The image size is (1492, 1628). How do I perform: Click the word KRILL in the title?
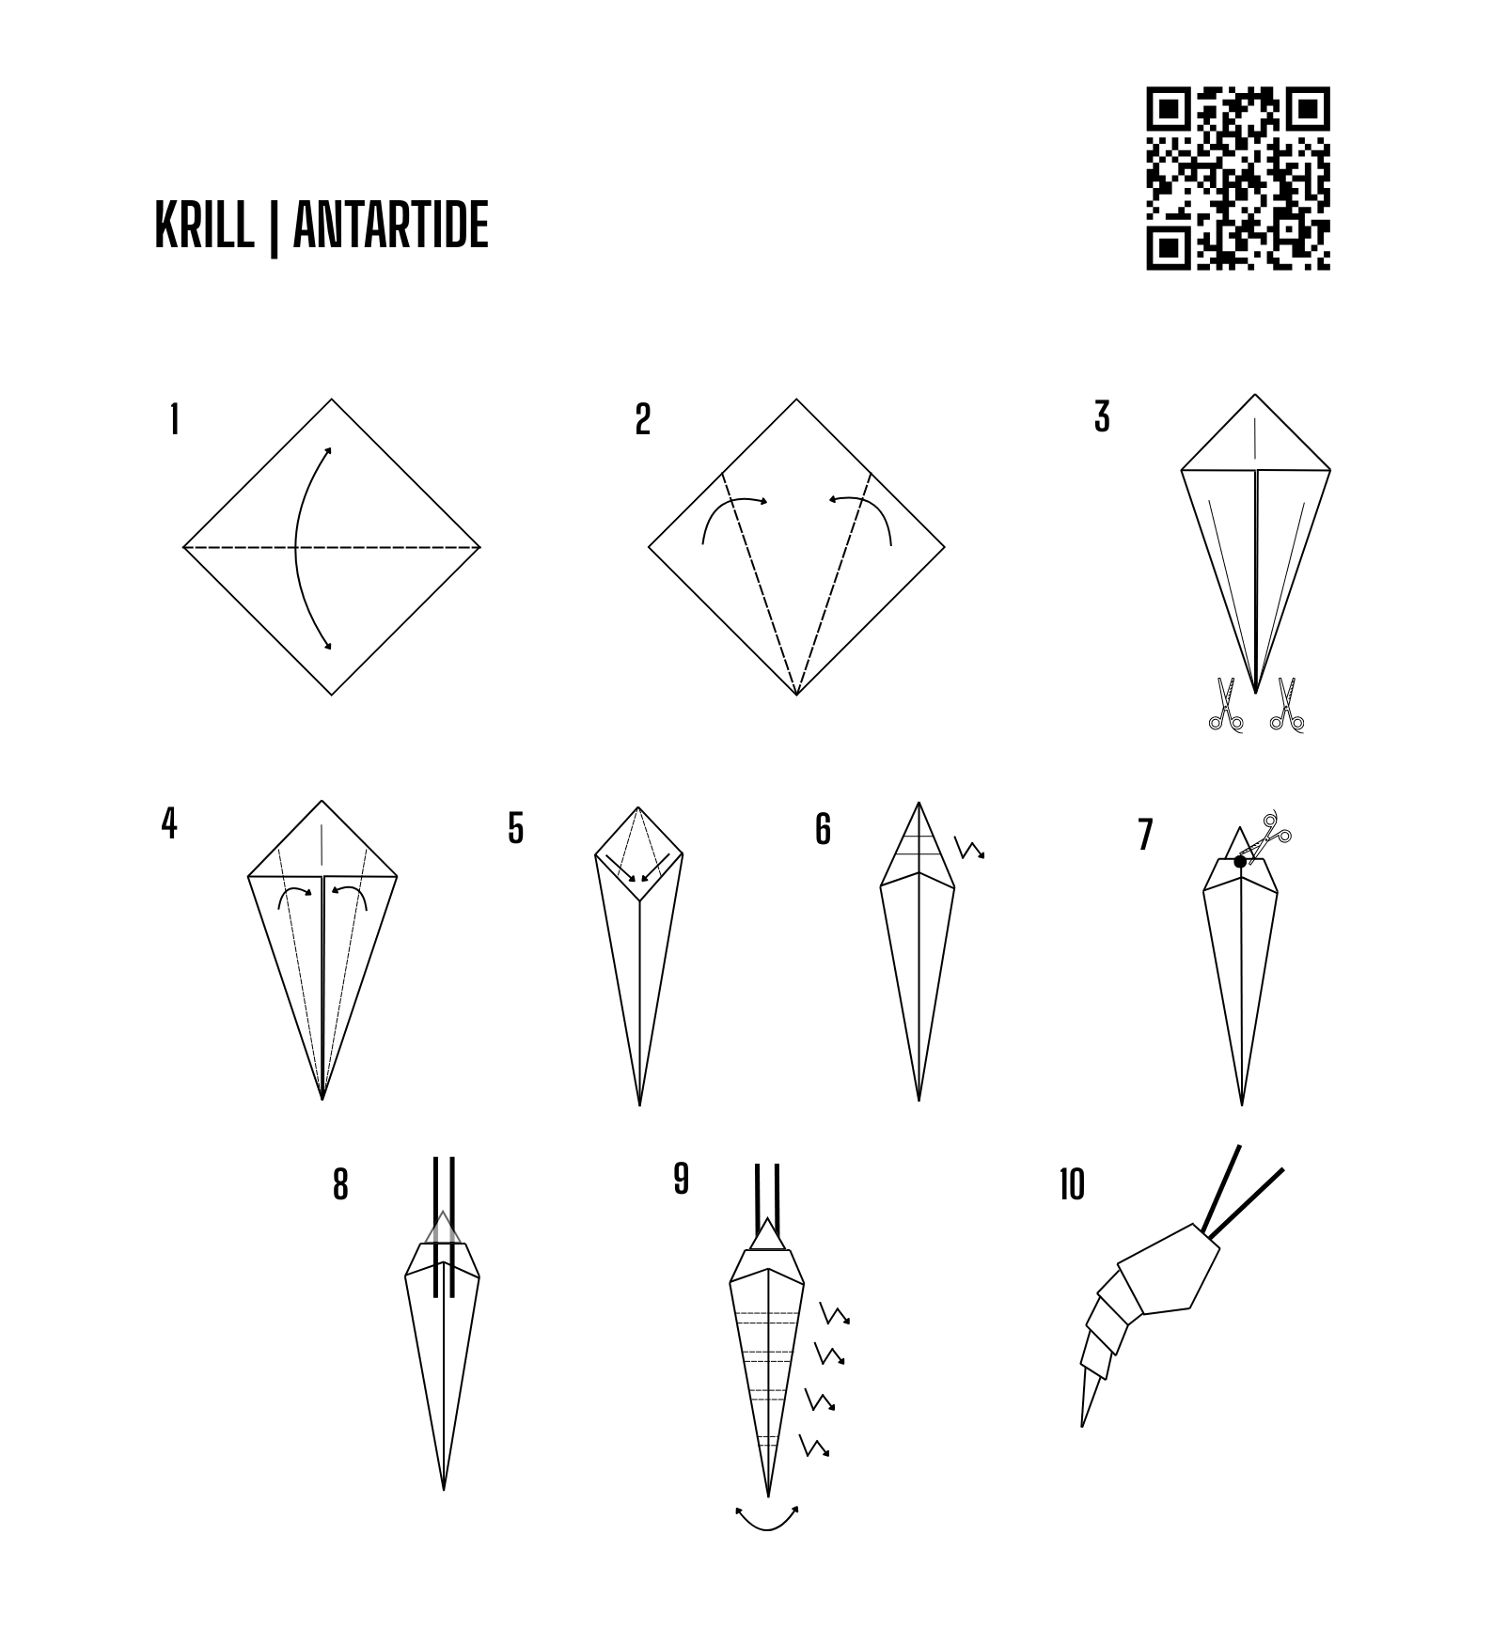tap(204, 225)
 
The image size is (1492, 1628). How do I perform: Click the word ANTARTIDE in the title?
tap(391, 225)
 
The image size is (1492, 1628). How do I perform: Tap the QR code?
tap(1238, 179)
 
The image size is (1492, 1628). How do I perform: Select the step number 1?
tap(174, 419)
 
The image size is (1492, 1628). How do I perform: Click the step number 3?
tap(1103, 416)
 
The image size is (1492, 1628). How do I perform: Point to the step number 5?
tap(515, 828)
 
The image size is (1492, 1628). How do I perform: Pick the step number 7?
tap(1144, 835)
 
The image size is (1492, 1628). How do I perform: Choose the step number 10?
tap(1072, 1185)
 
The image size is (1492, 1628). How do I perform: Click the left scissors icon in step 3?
tap(1225, 704)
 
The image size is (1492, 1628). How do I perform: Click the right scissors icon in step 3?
tap(1286, 704)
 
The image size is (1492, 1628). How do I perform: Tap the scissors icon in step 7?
tap(1270, 836)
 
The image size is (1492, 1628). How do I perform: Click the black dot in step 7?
tap(1240, 861)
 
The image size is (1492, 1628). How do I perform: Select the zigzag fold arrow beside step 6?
tap(969, 848)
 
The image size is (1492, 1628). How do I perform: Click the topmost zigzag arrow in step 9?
tap(835, 1313)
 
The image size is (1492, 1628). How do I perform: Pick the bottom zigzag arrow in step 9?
tap(814, 1446)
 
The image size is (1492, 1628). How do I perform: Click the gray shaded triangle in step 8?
tap(443, 1227)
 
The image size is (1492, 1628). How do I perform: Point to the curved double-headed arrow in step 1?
tap(296, 547)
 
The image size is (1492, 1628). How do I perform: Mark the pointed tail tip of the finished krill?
tap(1083, 1426)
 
